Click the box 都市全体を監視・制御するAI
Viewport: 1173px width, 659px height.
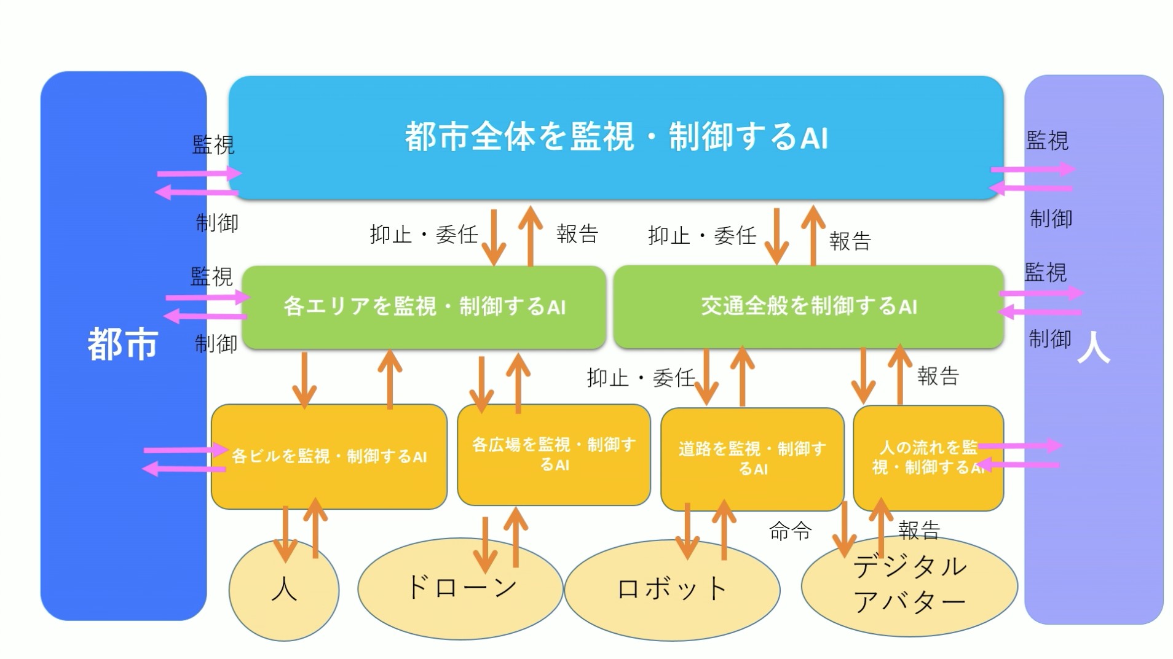615,137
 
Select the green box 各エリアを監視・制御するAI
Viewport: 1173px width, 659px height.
424,306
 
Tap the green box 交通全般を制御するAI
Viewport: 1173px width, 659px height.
808,306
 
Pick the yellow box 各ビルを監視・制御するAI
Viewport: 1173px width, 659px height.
329,456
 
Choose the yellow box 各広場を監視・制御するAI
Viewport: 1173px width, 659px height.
553,454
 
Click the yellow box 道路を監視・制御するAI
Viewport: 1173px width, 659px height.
752,458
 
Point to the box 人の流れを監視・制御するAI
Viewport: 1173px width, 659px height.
928,458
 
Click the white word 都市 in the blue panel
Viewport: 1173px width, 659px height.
123,344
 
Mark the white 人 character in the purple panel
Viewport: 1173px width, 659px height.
1093,348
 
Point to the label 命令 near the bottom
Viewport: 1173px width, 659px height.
790,531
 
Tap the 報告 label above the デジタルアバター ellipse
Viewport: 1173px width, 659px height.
919,529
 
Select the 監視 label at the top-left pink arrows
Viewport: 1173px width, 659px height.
213,145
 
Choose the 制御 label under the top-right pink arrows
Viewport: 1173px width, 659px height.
1051,219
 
